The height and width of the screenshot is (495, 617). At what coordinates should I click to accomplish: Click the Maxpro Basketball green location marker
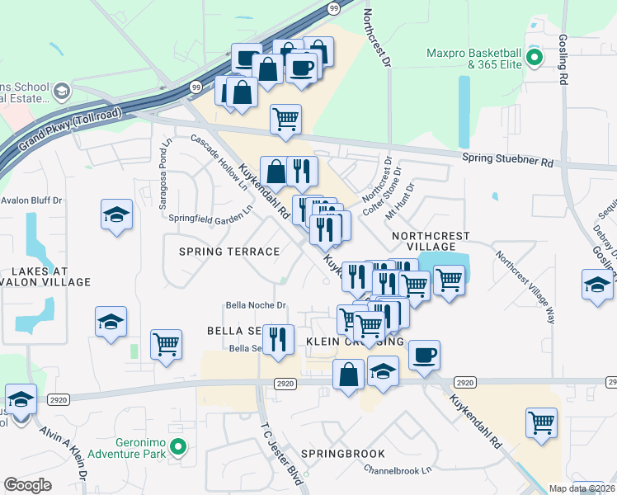click(533, 58)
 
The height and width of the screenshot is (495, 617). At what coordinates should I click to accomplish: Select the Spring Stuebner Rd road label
click(507, 162)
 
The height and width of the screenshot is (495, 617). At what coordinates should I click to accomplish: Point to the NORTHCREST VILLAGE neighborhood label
click(424, 241)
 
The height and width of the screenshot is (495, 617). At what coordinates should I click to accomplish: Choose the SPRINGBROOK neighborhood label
click(338, 455)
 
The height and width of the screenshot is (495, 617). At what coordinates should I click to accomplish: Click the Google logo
click(27, 484)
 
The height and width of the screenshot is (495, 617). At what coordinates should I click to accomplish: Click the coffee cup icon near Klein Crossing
click(424, 355)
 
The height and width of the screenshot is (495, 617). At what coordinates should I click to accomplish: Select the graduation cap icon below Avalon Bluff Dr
click(117, 215)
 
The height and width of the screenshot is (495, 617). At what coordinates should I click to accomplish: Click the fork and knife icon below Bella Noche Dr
click(278, 338)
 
